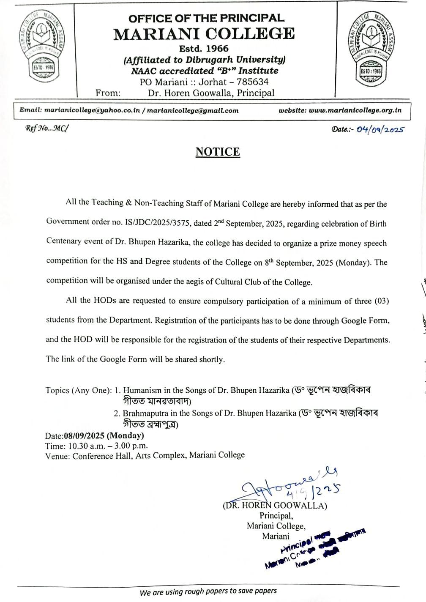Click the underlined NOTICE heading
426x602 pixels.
pyautogui.click(x=218, y=152)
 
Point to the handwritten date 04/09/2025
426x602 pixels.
pyautogui.click(x=380, y=129)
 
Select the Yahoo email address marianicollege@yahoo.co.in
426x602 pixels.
pyautogui.click(x=92, y=110)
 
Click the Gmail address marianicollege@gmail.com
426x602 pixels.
pyautogui.click(x=192, y=110)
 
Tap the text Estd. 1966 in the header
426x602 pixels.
pyautogui.click(x=204, y=49)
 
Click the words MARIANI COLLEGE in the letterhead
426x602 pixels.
pyautogui.click(x=204, y=34)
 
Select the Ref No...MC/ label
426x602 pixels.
pyautogui.click(x=46, y=129)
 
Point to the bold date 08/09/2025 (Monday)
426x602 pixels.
pyautogui.click(x=104, y=435)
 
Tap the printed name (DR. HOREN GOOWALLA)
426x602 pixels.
pyautogui.click(x=275, y=505)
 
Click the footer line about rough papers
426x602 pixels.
pyautogui.click(x=208, y=591)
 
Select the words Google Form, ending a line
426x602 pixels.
pyautogui.click(x=365, y=320)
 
